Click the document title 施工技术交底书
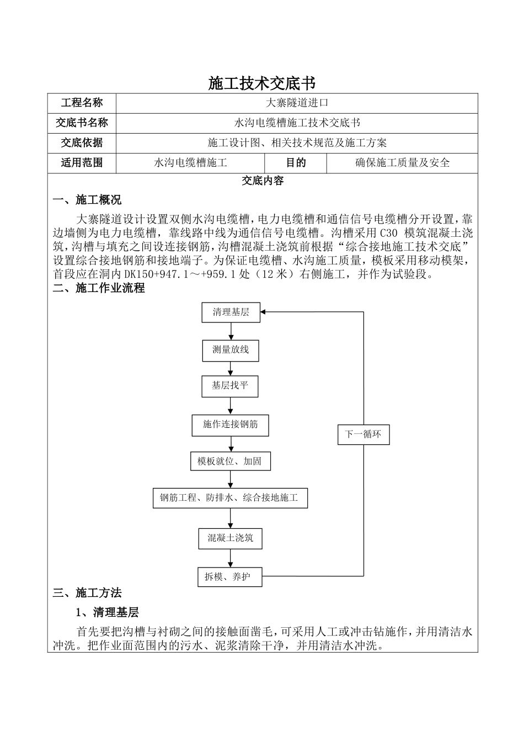pos(262,83)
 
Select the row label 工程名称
pos(82,103)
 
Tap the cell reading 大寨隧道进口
pos(297,103)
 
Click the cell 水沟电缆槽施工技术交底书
pos(297,123)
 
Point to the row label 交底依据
pos(82,142)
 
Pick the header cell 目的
pos(296,162)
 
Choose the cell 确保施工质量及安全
pos(402,162)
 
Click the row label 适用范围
pos(82,162)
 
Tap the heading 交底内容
pos(263,181)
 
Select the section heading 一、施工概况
pos(87,199)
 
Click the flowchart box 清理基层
pos(231,312)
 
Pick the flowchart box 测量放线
pos(231,349)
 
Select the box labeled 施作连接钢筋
pos(231,425)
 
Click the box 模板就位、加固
pos(230,461)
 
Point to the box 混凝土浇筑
pos(230,537)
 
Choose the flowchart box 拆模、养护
pos(229,577)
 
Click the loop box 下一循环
pos(363,434)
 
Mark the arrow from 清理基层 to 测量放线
pos(231,331)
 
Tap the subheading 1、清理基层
pos(107,612)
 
